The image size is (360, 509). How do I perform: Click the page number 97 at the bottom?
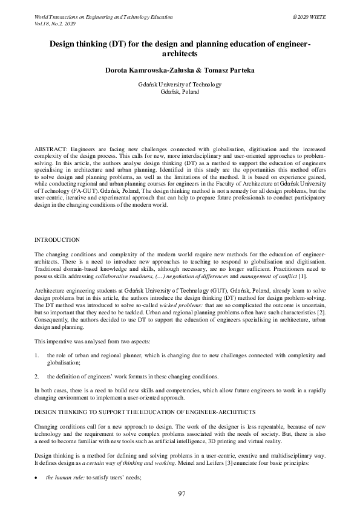click(181, 494)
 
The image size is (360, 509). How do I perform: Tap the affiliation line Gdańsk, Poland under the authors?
click(180, 92)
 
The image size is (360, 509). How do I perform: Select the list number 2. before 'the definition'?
click(38, 377)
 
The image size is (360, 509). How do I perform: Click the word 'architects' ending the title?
click(180, 54)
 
